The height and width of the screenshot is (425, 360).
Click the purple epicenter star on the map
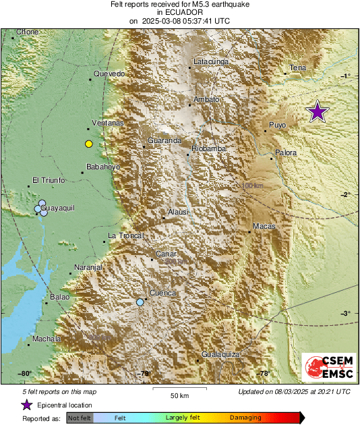(318, 112)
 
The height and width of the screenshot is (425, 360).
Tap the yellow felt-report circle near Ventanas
(88, 144)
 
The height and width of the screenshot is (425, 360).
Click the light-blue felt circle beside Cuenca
(140, 302)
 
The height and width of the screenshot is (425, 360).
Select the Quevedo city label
(110, 74)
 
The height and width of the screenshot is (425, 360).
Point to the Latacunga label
(212, 62)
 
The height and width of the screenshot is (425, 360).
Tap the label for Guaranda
(164, 140)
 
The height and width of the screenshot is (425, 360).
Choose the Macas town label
(264, 226)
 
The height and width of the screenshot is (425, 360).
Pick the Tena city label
(298, 68)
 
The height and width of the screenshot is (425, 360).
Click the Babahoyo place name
(103, 167)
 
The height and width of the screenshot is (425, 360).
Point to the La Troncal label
(127, 235)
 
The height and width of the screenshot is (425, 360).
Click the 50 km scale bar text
(179, 395)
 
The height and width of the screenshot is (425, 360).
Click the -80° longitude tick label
(25, 373)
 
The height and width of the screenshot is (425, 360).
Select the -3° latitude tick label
(344, 313)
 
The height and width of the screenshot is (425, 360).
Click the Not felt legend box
(79, 418)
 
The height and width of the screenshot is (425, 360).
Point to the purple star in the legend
(26, 405)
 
